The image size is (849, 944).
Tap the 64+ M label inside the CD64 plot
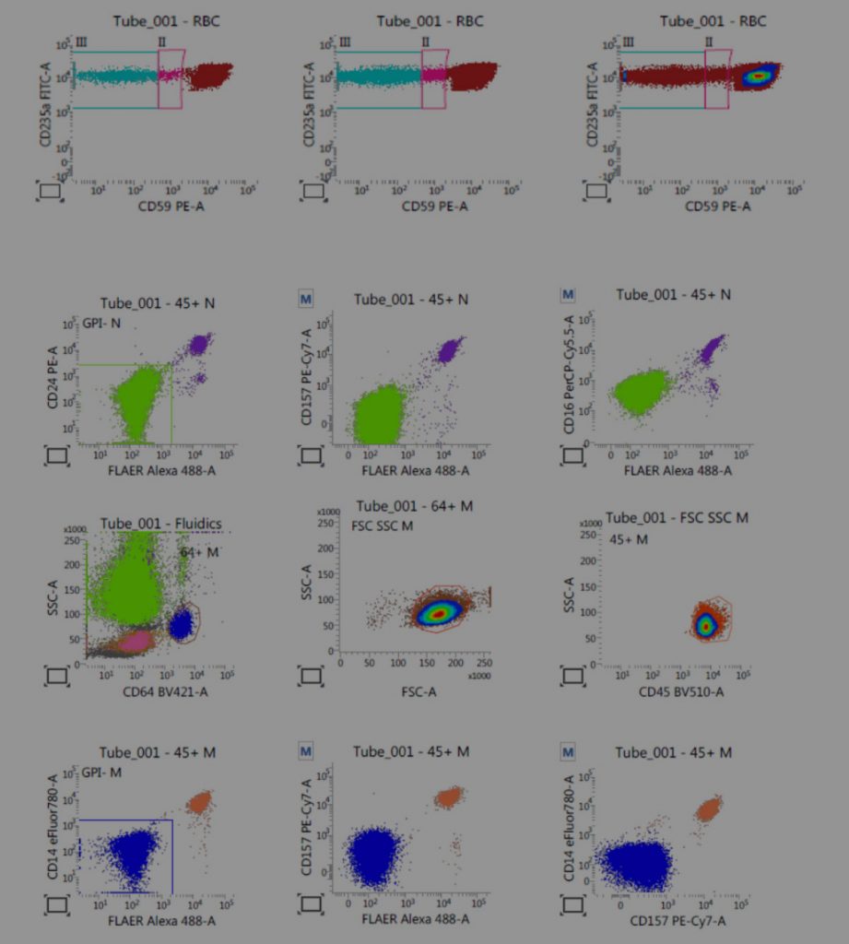(x=199, y=551)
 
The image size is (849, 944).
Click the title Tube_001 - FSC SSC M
(x=676, y=518)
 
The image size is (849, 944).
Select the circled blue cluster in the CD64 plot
(x=181, y=625)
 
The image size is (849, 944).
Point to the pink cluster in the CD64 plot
(x=135, y=638)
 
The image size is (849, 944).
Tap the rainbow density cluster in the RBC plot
(x=757, y=76)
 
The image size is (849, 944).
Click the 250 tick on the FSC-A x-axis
(x=485, y=662)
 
